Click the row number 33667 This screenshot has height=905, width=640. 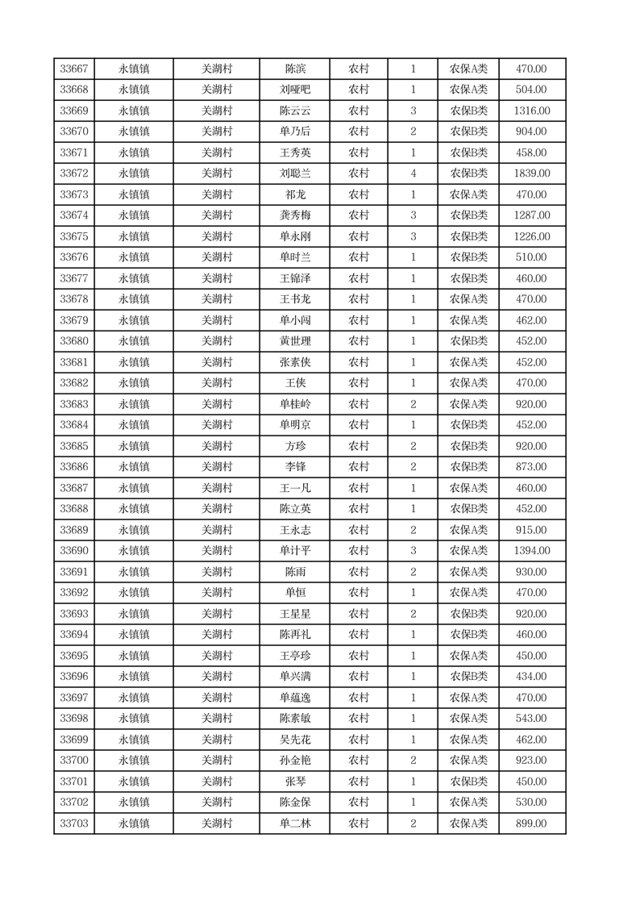point(74,69)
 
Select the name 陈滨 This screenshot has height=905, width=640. point(295,69)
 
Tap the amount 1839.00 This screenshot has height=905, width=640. point(531,173)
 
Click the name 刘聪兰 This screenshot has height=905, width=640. point(295,173)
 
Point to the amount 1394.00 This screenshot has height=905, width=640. point(531,551)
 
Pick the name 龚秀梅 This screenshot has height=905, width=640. point(295,215)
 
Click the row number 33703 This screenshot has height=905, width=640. point(74,824)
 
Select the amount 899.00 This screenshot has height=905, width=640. point(531,824)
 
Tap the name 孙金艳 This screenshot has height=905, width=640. point(295,761)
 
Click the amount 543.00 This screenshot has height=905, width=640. point(531,719)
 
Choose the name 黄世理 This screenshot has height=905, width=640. point(295,341)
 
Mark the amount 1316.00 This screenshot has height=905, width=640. point(531,111)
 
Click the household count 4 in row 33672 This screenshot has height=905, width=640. point(414,173)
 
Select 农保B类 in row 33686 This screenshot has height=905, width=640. point(468,467)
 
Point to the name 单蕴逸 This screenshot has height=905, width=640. point(295,698)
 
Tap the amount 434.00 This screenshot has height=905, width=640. point(531,677)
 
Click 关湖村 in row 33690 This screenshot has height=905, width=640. point(217,551)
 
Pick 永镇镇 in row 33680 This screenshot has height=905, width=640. point(134,341)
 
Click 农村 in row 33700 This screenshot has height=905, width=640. point(359,761)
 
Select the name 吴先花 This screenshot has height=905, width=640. point(295,740)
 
